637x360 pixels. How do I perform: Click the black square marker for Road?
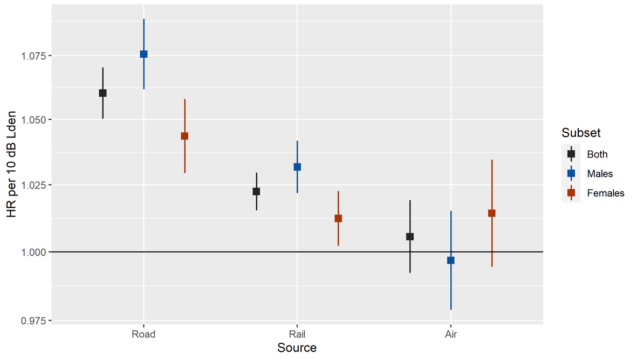(x=102, y=93)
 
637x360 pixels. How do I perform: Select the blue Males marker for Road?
(x=143, y=54)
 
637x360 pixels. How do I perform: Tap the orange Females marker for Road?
(x=184, y=136)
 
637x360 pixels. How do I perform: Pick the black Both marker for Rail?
(x=256, y=191)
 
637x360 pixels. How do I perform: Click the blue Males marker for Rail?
(x=297, y=167)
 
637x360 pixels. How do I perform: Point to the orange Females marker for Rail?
(x=338, y=219)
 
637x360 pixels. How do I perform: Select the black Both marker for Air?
(x=410, y=236)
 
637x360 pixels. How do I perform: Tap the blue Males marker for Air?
(x=451, y=260)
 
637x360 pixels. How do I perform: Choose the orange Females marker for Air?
(x=492, y=213)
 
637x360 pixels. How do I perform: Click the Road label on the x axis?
(x=143, y=334)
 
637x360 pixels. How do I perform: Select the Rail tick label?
(x=297, y=334)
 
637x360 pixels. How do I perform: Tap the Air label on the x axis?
(x=451, y=334)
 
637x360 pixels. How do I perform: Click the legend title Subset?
(x=581, y=133)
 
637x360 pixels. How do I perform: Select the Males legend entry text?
(x=600, y=174)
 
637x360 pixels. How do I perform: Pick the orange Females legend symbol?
(x=571, y=193)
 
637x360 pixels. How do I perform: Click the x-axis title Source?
(x=297, y=348)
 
